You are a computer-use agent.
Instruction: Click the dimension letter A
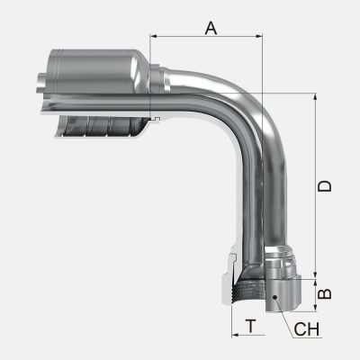[x=211, y=27]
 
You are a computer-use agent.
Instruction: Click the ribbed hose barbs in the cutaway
[x=99, y=126]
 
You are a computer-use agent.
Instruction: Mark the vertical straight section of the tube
[x=261, y=189]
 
